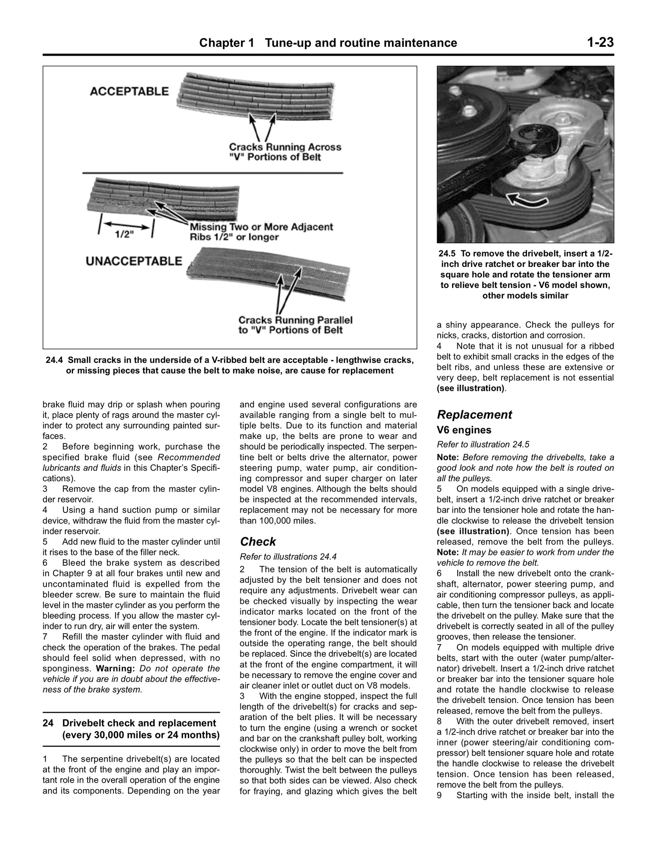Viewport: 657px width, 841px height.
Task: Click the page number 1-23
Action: pos(600,43)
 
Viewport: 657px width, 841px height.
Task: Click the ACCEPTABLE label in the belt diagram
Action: pos(129,91)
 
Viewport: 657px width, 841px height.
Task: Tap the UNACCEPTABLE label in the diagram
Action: pos(134,261)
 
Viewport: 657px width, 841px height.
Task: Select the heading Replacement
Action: pos(474,415)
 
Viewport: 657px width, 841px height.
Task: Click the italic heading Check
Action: pos(258,542)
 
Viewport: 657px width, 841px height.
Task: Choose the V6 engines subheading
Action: pos(464,430)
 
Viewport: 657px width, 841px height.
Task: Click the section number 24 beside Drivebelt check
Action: pos(48,723)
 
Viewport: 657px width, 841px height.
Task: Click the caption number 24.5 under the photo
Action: pos(448,254)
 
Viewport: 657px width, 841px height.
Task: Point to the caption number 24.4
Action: pos(55,360)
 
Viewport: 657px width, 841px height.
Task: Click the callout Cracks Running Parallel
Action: pos(295,320)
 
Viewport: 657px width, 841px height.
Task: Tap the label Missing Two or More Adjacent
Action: pos(261,227)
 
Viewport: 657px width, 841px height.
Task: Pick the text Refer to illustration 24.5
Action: pos(480,444)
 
